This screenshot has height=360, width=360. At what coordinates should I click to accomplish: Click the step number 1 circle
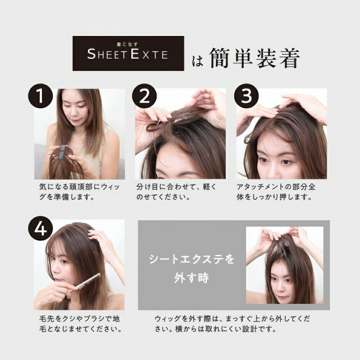point(40,96)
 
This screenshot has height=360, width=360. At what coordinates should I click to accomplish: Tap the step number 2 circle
point(144,96)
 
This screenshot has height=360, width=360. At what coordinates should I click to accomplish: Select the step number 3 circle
point(246,96)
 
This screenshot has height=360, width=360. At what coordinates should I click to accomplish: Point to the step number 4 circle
point(40,228)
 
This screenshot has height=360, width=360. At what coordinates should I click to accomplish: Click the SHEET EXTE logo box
point(129,53)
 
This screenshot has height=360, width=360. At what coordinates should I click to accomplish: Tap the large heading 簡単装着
point(255,58)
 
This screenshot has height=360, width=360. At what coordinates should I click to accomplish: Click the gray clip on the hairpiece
point(62,152)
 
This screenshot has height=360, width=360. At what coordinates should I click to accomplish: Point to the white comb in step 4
point(85,282)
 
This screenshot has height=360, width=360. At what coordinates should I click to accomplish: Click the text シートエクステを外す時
point(192,269)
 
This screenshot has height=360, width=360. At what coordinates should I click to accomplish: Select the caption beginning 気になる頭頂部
point(80,192)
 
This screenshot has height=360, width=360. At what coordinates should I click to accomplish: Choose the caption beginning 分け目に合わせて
point(176,192)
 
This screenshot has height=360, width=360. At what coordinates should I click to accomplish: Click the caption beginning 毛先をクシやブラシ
point(80,324)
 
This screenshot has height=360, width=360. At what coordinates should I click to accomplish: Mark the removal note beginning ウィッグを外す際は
point(232,324)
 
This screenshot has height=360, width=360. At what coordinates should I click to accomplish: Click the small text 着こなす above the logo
point(127,44)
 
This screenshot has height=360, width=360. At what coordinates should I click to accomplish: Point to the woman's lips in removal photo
point(283,297)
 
